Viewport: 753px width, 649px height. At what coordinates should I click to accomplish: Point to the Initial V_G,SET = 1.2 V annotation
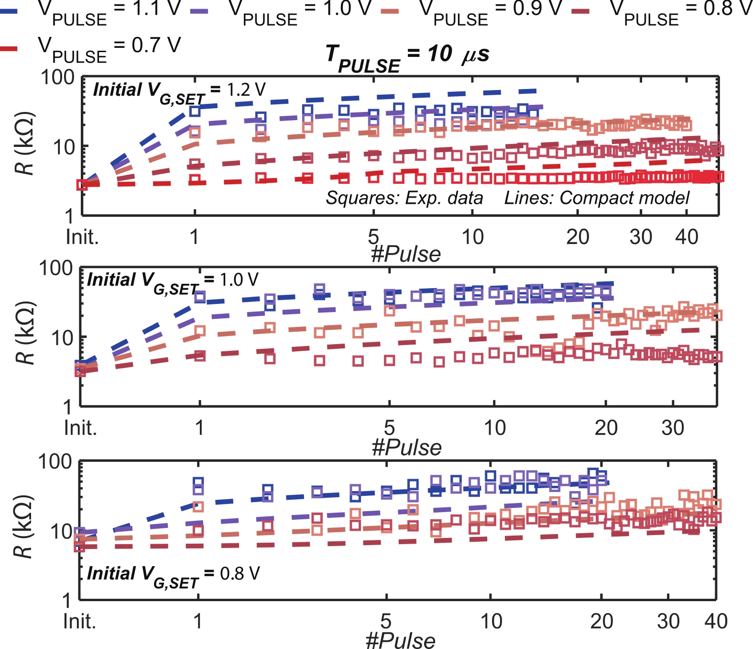click(x=179, y=91)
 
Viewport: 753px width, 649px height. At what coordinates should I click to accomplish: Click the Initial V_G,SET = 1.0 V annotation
click(x=173, y=281)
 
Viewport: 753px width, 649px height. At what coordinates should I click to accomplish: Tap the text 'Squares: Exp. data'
click(x=404, y=198)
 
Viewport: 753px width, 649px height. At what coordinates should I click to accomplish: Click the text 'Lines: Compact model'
click(x=597, y=198)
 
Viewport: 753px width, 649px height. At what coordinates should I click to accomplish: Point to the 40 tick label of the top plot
click(x=687, y=237)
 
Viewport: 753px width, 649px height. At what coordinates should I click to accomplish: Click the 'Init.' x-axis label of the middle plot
click(x=81, y=427)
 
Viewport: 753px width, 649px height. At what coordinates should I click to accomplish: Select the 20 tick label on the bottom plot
click(x=601, y=621)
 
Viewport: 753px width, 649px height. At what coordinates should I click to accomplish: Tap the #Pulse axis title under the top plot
click(x=406, y=254)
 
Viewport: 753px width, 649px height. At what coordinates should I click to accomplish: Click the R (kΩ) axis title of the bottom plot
click(x=23, y=527)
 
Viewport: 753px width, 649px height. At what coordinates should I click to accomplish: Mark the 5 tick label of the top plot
click(x=373, y=237)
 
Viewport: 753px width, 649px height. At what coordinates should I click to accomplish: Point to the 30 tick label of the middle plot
click(x=673, y=427)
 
